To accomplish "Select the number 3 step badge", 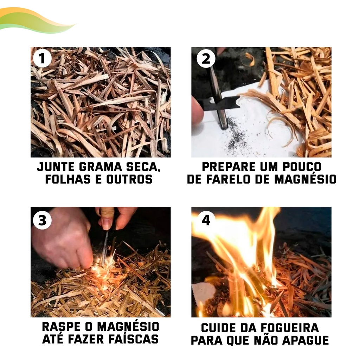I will coord(42,220).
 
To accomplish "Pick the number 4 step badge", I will coord(206,220).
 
